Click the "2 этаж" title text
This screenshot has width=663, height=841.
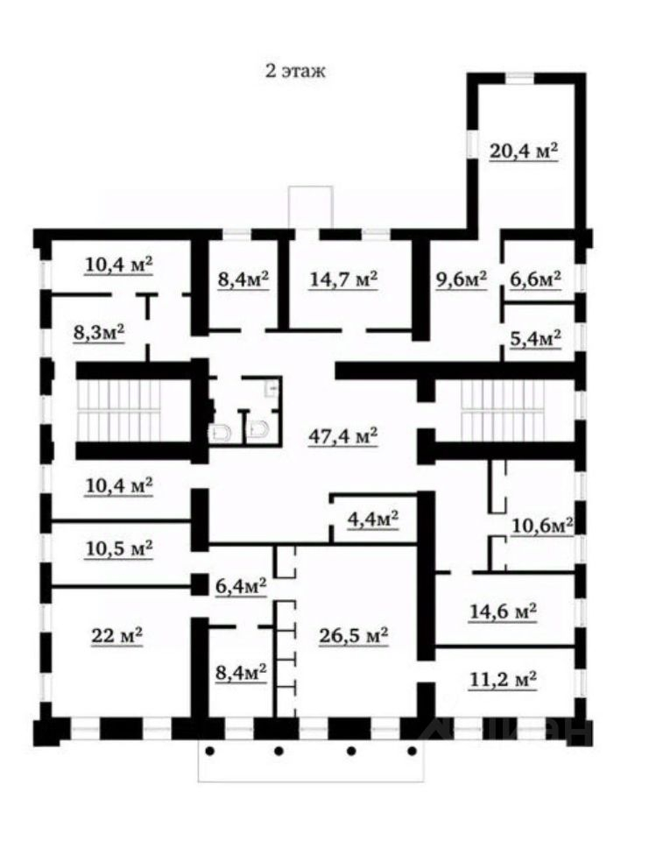[x=295, y=72]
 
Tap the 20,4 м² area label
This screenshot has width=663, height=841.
[x=524, y=151]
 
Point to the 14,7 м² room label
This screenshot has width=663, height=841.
[x=343, y=279]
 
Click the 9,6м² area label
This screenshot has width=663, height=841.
[x=461, y=279]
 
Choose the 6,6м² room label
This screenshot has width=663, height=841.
[x=534, y=279]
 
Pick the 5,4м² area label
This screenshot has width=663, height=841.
[x=534, y=338]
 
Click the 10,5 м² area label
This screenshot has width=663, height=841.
[x=119, y=548]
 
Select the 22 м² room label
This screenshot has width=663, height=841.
[x=116, y=635]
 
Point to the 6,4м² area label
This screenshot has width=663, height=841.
[x=241, y=584]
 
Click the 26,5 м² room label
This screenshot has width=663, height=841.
[x=353, y=635]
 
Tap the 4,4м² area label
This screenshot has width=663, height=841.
[x=373, y=519]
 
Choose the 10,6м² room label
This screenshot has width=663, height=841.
[x=542, y=525]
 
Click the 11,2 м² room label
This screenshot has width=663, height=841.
[x=502, y=678]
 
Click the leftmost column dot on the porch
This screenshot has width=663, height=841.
[x=210, y=751]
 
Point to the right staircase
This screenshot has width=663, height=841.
[x=503, y=410]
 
